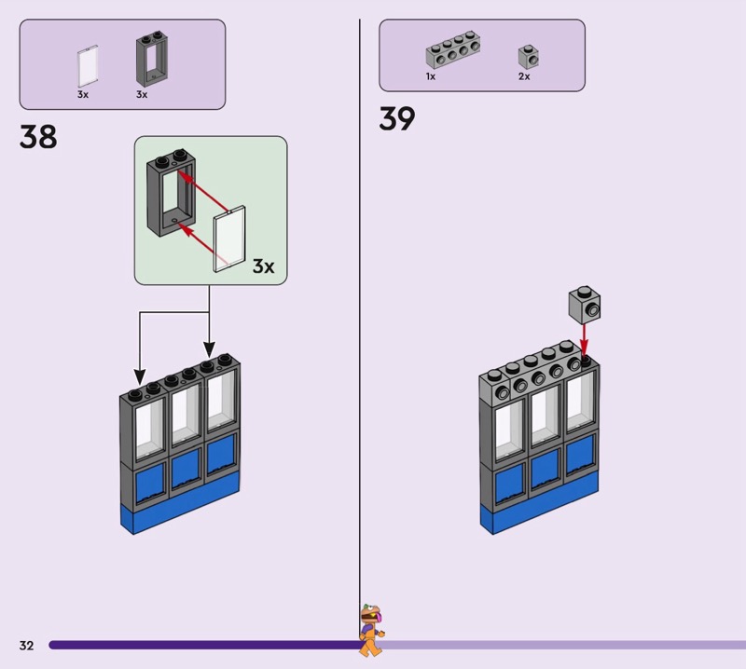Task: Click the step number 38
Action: (x=38, y=137)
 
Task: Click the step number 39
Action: (x=397, y=119)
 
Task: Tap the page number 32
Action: (x=26, y=645)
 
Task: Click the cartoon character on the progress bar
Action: (x=371, y=629)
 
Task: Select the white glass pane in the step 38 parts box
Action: (x=89, y=67)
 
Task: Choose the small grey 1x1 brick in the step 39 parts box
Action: (x=528, y=57)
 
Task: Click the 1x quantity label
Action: (x=431, y=77)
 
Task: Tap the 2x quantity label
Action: (x=524, y=77)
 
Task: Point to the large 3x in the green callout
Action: (x=263, y=267)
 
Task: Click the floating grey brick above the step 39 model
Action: (x=584, y=305)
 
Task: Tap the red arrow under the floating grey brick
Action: (x=585, y=338)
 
